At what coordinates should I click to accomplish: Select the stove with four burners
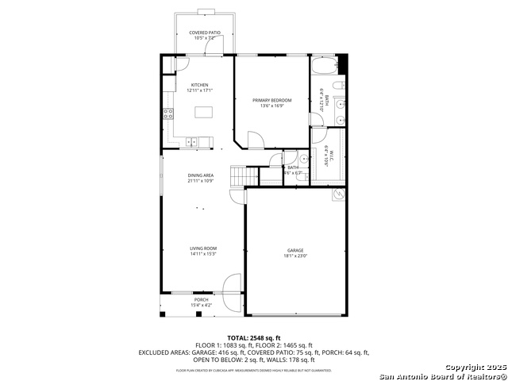coord(168,113)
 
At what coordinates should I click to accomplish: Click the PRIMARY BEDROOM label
coord(272,100)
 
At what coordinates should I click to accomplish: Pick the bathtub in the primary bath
coord(324,64)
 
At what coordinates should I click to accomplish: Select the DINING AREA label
coord(200,175)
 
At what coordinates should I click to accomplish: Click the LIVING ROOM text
coord(203,248)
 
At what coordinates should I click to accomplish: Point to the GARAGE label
coord(295,250)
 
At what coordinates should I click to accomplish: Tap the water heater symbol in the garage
coord(339,194)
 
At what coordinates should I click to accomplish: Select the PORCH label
coord(200,299)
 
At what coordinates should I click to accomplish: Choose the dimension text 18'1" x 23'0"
coord(295,256)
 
